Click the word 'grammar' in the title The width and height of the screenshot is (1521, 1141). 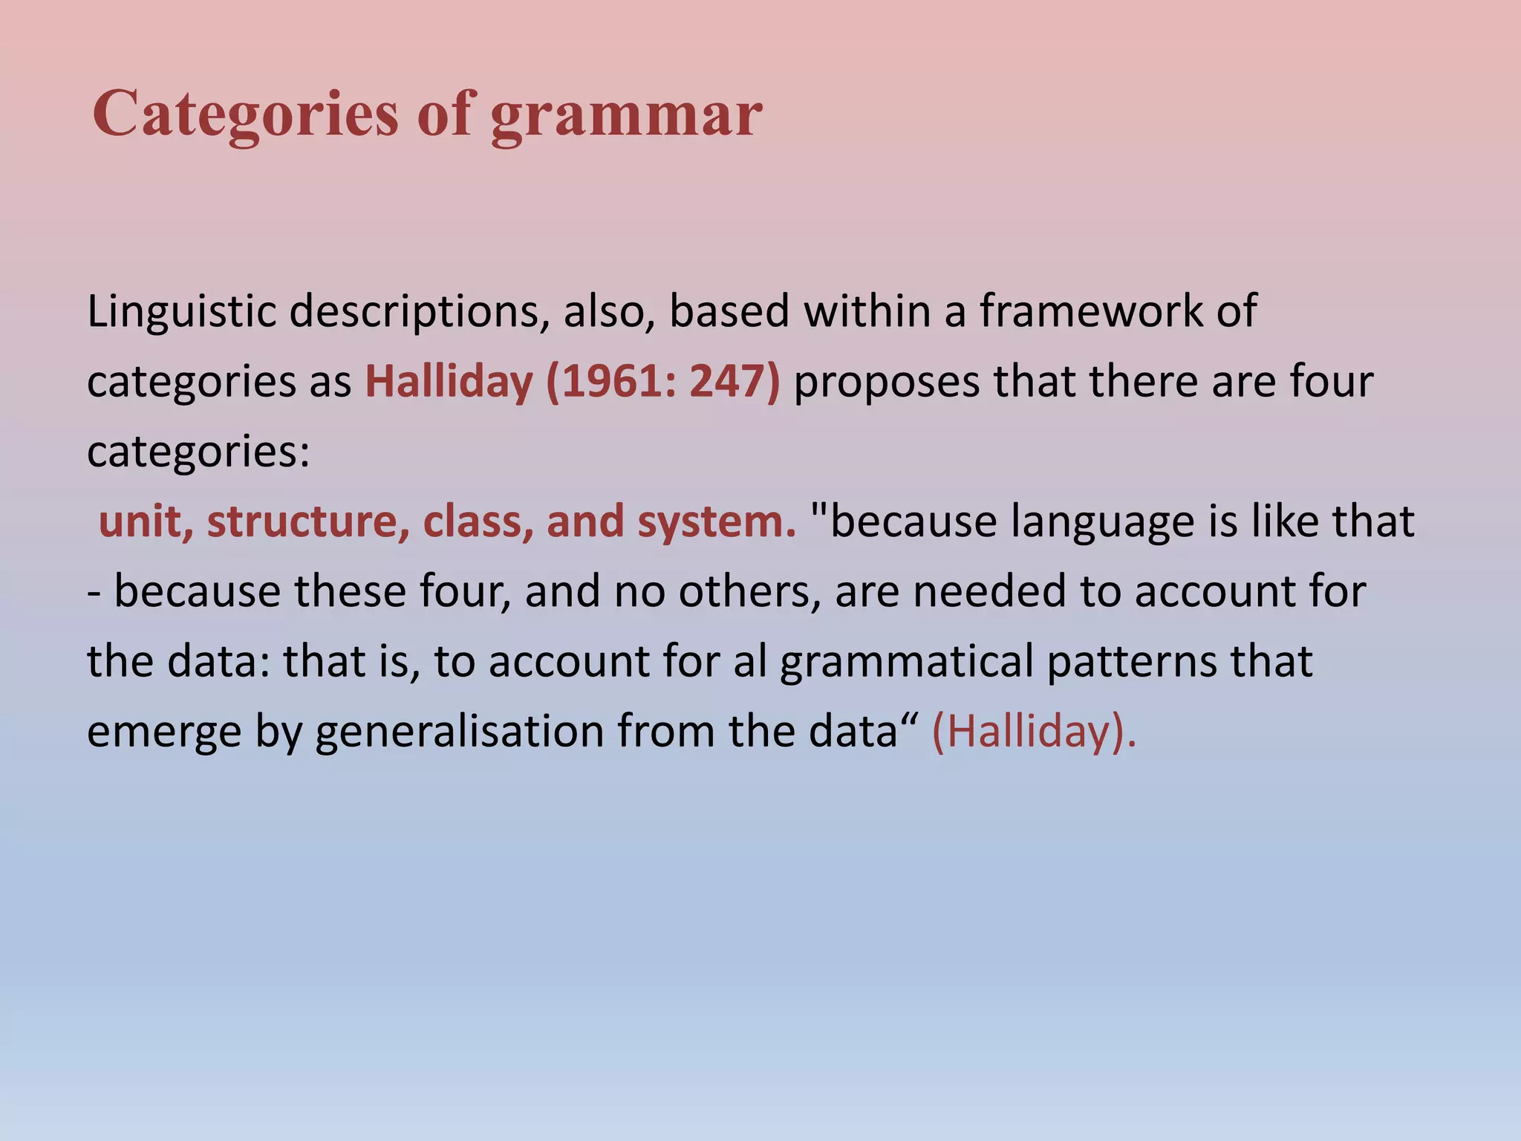(626, 115)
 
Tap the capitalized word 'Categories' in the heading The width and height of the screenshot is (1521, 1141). (245, 115)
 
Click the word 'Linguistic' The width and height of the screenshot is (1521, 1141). (181, 311)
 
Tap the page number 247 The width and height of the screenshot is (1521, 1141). (729, 382)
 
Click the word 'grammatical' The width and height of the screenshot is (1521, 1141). (906, 663)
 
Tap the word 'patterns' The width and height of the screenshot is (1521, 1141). (1132, 663)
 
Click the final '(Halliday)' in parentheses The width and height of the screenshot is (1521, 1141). (1032, 732)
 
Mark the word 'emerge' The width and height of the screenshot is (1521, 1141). (164, 732)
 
